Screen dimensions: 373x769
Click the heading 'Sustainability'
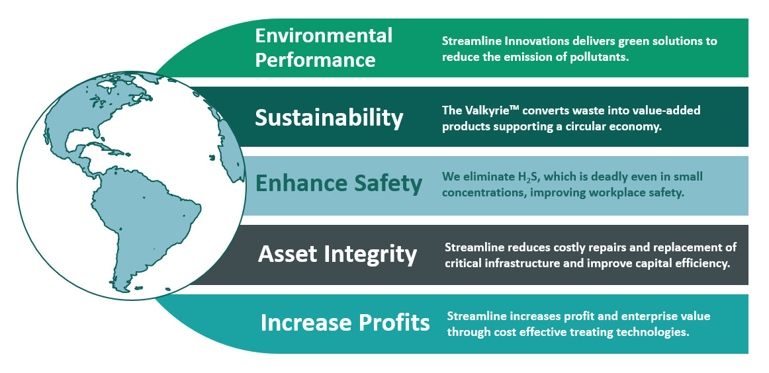[329, 118]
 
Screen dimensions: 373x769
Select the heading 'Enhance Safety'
[338, 183]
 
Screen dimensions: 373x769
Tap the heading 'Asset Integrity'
[338, 254]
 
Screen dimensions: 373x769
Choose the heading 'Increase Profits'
[345, 323]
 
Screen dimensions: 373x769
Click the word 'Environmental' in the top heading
[324, 35]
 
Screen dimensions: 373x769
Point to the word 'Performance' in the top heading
[315, 60]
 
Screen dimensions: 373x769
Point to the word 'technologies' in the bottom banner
[655, 332]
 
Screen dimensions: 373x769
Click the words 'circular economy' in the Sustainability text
[617, 126]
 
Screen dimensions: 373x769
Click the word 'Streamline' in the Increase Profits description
[477, 316]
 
